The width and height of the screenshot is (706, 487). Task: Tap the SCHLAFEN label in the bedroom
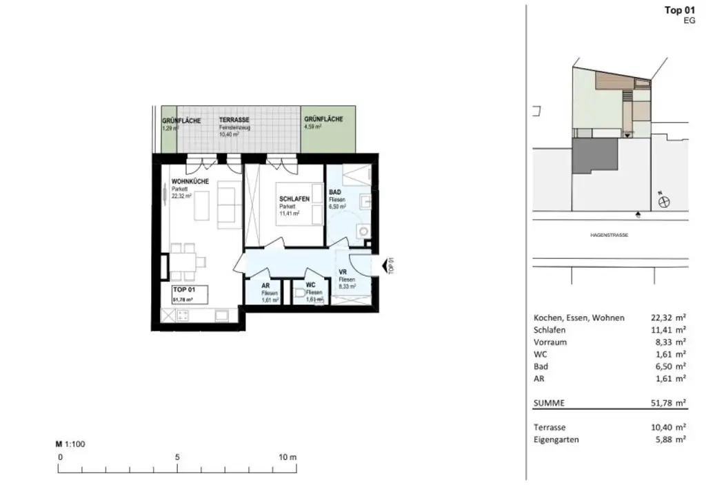294,199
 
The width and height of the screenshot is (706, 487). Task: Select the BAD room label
335,192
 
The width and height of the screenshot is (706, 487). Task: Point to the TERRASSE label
234,120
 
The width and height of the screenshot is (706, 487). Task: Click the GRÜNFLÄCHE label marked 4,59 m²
323,120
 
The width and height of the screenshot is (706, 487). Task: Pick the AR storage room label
265,286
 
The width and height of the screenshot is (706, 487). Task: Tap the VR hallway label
343,273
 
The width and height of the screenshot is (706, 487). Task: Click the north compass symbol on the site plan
665,202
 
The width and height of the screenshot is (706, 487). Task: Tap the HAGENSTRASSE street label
609,236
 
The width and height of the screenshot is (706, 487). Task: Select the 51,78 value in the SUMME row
662,402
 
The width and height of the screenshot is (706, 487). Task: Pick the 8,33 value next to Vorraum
662,342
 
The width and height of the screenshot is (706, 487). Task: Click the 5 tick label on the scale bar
177,457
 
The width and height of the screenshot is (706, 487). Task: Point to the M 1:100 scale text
70,444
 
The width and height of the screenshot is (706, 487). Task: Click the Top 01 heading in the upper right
679,10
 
